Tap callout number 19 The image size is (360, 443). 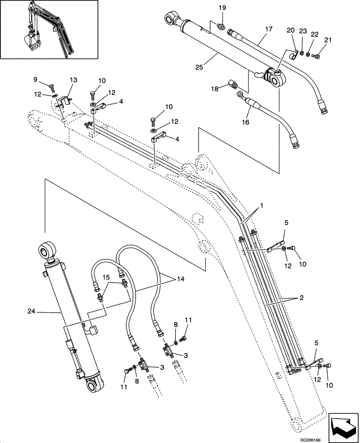[x=222, y=8]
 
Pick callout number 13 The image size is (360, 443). [x=73, y=79]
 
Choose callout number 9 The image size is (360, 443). [x=35, y=79]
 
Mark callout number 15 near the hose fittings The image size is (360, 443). [x=106, y=277]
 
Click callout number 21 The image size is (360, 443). [x=328, y=40]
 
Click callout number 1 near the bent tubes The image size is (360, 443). [x=262, y=206]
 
